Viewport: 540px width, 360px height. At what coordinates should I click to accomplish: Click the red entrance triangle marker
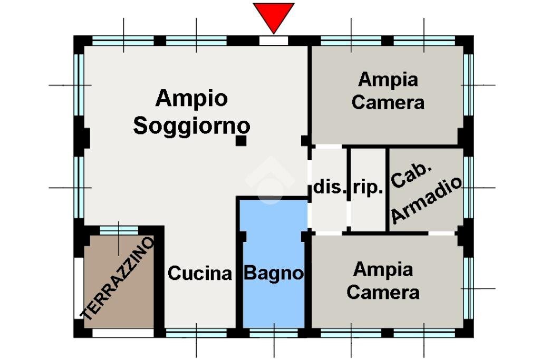click(x=273, y=16)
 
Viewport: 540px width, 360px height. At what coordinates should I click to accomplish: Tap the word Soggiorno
click(x=191, y=126)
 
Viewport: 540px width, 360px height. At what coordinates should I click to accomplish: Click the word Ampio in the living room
click(x=191, y=98)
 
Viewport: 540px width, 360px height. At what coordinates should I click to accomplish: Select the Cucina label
click(x=200, y=274)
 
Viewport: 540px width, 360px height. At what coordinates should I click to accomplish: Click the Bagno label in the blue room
click(x=274, y=274)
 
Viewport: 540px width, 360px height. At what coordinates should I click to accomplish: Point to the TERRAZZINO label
click(x=118, y=278)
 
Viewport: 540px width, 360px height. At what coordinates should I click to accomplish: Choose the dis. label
click(x=330, y=188)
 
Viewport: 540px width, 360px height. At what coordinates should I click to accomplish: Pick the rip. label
click(x=368, y=188)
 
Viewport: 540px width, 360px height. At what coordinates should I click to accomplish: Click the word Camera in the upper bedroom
click(x=388, y=102)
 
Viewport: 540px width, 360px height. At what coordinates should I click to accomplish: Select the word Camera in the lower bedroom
click(x=383, y=291)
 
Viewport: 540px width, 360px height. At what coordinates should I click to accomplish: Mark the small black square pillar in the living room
click(x=241, y=140)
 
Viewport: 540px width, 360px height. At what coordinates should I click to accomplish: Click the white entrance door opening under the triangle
click(x=274, y=41)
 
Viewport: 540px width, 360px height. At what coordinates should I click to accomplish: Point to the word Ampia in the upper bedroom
click(x=388, y=80)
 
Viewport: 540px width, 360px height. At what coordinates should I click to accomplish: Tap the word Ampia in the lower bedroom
click(x=383, y=269)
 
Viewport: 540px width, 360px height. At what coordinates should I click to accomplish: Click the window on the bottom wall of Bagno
click(x=274, y=333)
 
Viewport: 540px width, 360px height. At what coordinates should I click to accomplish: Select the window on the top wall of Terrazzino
click(x=119, y=230)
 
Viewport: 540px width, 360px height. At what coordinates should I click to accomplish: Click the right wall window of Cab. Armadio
click(x=468, y=187)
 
